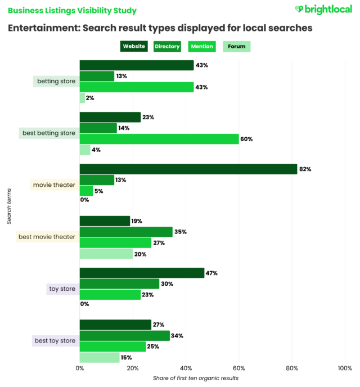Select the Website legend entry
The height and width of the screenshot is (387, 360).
pos(134,46)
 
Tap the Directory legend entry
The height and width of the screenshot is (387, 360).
pos(167,46)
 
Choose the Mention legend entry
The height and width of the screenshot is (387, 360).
pos(202,46)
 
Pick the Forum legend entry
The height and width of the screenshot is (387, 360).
pos(236,46)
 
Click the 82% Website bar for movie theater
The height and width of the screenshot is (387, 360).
pos(188,169)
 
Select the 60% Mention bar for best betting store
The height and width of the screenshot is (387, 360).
pos(159,139)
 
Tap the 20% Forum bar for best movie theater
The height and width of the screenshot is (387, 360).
pos(106,254)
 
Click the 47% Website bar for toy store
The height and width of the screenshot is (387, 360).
pos(142,273)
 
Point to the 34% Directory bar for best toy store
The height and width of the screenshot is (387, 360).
pos(124,336)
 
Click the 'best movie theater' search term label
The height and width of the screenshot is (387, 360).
pos(47,237)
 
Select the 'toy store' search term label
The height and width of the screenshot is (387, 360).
pos(62,289)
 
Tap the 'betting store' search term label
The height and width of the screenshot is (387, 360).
pos(56,81)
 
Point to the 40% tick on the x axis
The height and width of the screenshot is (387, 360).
pos(186,368)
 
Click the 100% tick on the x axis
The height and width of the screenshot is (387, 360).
pos(344,368)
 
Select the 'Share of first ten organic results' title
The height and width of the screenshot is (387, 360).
pos(196,378)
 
